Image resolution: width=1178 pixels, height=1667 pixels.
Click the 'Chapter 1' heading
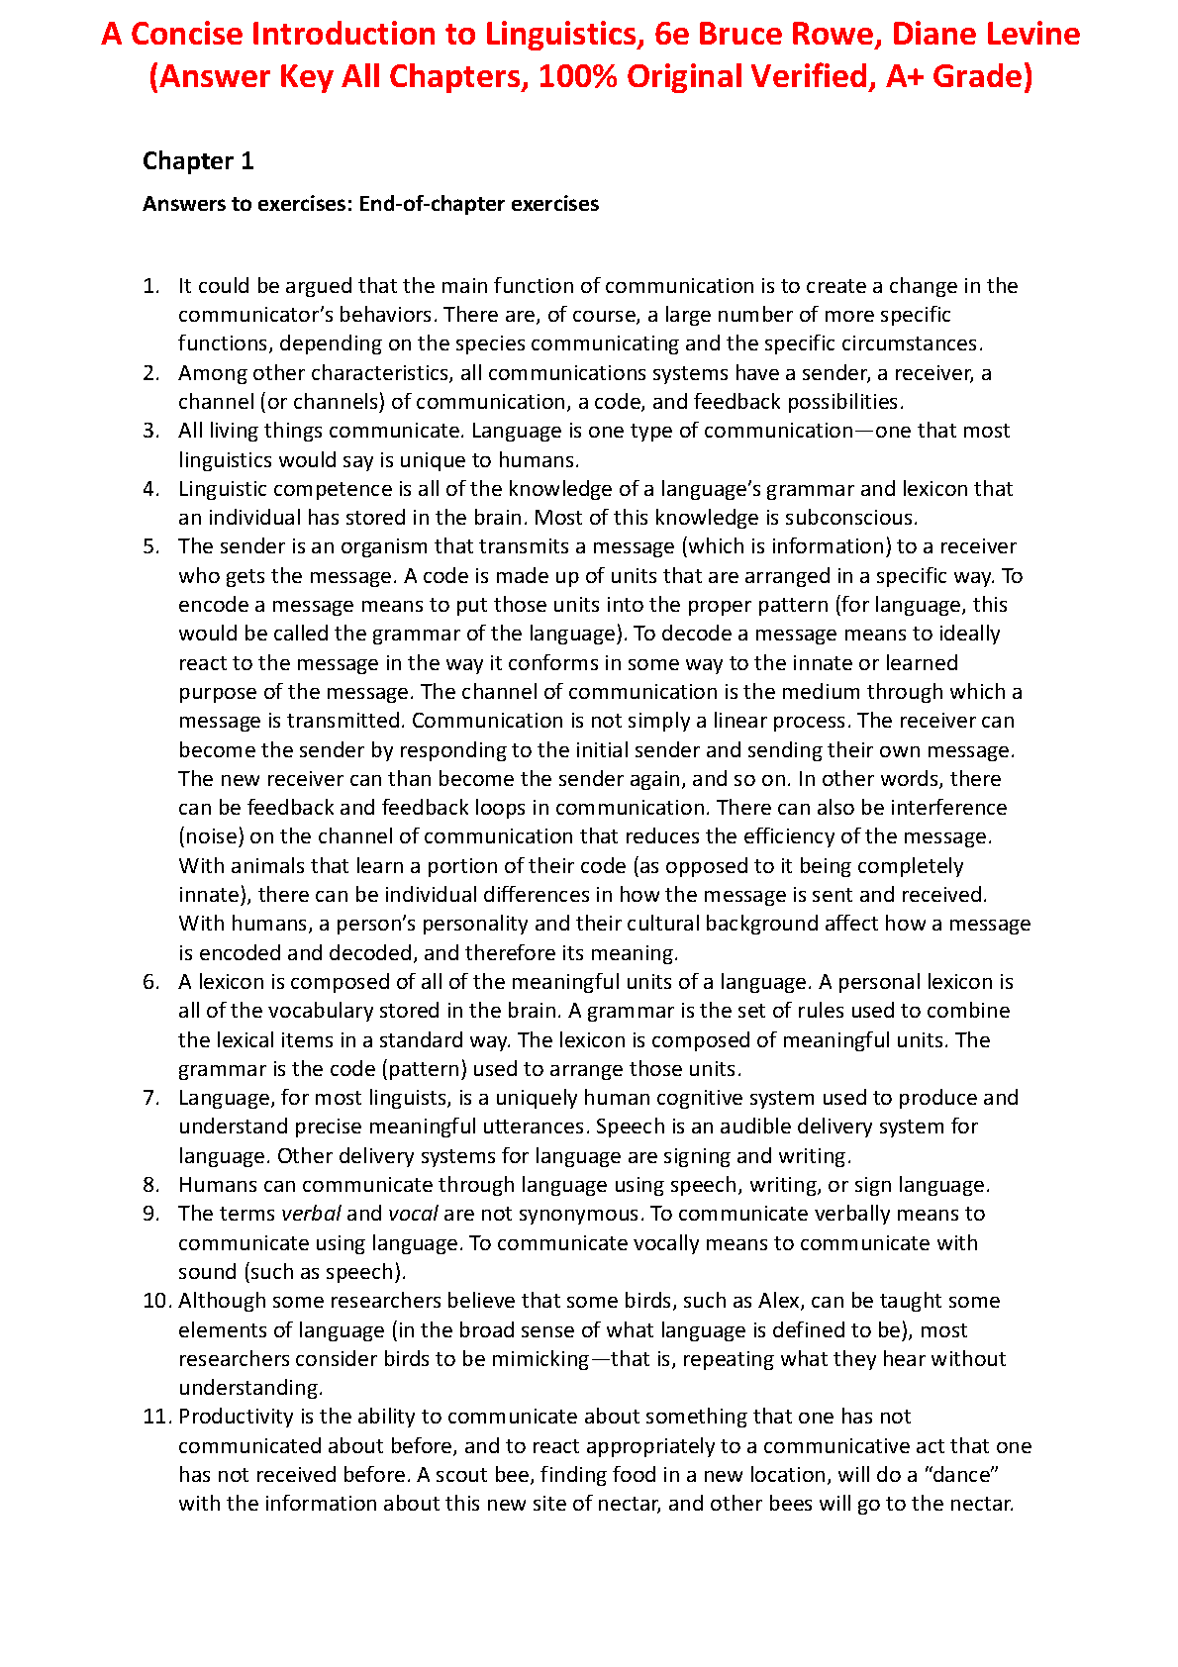coord(198,161)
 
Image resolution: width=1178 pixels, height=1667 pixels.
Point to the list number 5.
coord(150,546)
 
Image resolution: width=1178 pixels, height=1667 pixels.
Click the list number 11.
coord(156,1417)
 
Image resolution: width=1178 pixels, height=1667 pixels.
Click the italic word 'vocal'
coord(413,1214)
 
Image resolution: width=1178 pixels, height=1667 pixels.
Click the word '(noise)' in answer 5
coord(211,836)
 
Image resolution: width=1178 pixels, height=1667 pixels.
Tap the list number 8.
coord(150,1185)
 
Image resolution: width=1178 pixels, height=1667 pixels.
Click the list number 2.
coord(150,373)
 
